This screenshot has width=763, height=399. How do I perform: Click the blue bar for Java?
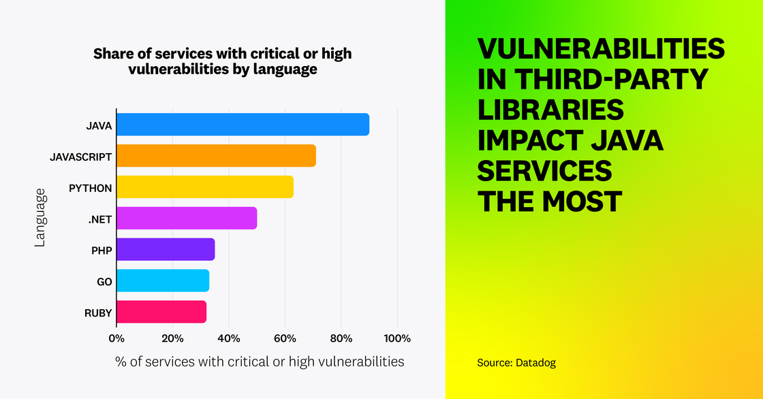click(243, 125)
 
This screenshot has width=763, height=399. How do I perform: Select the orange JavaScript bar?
click(217, 156)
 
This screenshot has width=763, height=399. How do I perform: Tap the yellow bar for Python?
click(205, 187)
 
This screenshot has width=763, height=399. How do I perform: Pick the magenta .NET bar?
click(187, 219)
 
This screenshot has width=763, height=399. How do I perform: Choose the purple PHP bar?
click(166, 249)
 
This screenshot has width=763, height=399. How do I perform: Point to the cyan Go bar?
click(163, 281)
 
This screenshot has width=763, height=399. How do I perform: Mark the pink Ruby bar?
click(161, 312)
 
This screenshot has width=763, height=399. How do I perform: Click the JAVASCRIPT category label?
click(81, 156)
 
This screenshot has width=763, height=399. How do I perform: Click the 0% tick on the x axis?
click(116, 338)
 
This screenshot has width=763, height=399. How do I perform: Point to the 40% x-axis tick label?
click(229, 338)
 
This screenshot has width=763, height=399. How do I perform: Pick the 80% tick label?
click(341, 338)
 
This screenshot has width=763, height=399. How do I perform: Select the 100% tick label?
click(397, 338)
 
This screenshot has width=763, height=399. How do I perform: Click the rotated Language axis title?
click(41, 218)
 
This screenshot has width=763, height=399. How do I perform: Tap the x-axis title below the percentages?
click(260, 362)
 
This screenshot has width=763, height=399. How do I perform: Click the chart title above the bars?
click(222, 61)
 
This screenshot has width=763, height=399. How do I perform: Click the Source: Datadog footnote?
click(516, 363)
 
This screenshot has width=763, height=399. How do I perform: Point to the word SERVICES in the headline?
click(544, 170)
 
